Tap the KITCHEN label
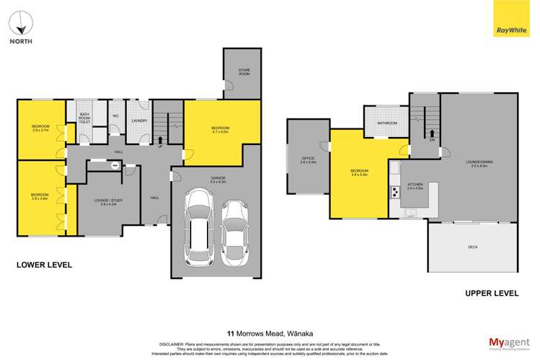coord(415,184)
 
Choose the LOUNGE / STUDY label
coord(110,201)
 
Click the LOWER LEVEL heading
coord(45,265)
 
